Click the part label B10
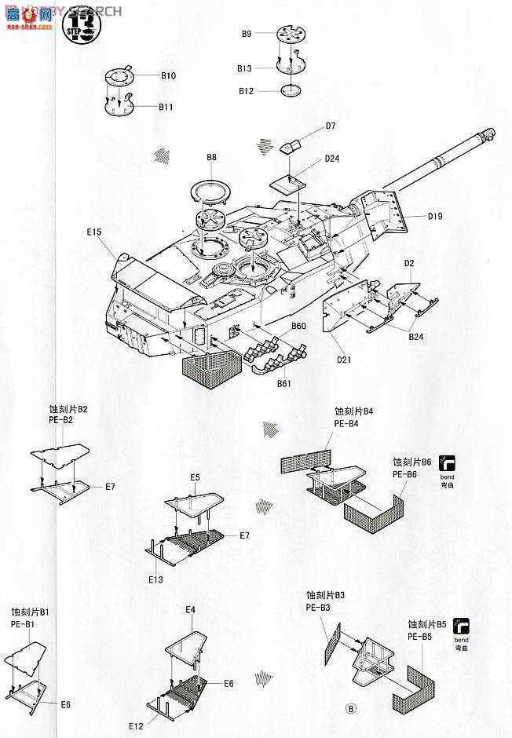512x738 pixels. tap(168, 76)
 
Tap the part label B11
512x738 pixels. tap(165, 107)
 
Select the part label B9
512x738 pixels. tap(246, 34)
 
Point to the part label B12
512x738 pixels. tap(246, 91)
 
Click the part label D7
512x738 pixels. tap(330, 126)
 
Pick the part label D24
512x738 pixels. tap(332, 159)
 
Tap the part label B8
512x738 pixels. tap(211, 158)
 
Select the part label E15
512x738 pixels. tap(96, 232)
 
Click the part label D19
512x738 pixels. tap(437, 216)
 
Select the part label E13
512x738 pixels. tap(155, 579)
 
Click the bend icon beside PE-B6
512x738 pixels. tap(447, 462)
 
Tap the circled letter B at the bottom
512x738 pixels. tap(350, 707)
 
